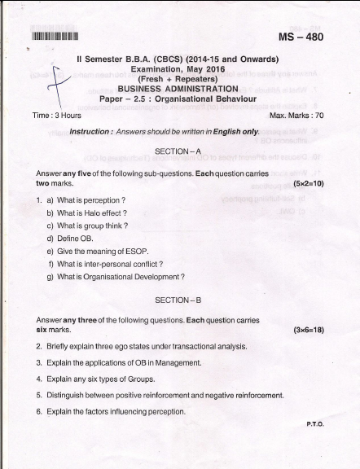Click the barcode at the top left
pos(55,36)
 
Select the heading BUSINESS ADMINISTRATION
pos(178,89)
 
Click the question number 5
pos(38,395)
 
